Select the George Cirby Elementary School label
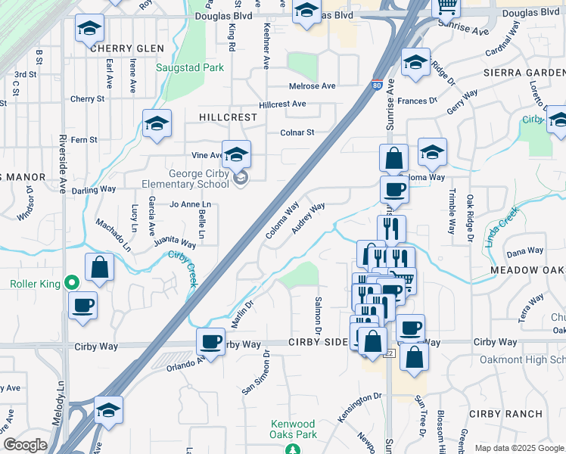185,179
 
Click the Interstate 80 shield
376,86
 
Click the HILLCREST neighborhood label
228,118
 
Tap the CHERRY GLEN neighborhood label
126,48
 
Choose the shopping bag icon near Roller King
99,267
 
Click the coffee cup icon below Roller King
82,306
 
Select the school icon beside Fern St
157,123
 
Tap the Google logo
25,445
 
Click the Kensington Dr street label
359,396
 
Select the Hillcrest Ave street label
281,104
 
